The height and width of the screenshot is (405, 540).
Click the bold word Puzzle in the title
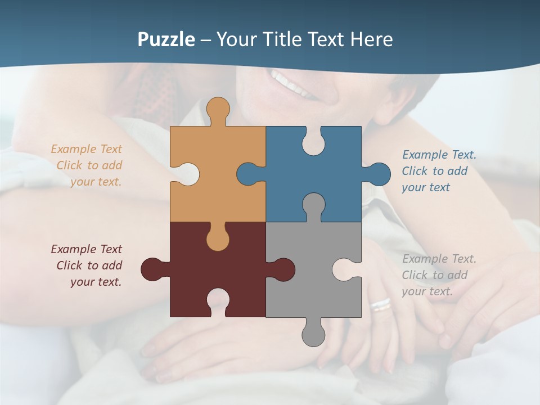click(166, 40)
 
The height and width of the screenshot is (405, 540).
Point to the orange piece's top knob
click(218, 110)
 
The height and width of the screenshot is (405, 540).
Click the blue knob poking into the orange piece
click(249, 174)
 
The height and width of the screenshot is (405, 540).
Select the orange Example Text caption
click(87, 165)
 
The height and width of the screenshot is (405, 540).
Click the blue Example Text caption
click(439, 171)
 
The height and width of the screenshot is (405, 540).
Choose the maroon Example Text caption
click(87, 265)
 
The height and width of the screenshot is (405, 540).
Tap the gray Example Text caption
click(439, 275)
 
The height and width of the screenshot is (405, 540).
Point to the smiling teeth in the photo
click(292, 83)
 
